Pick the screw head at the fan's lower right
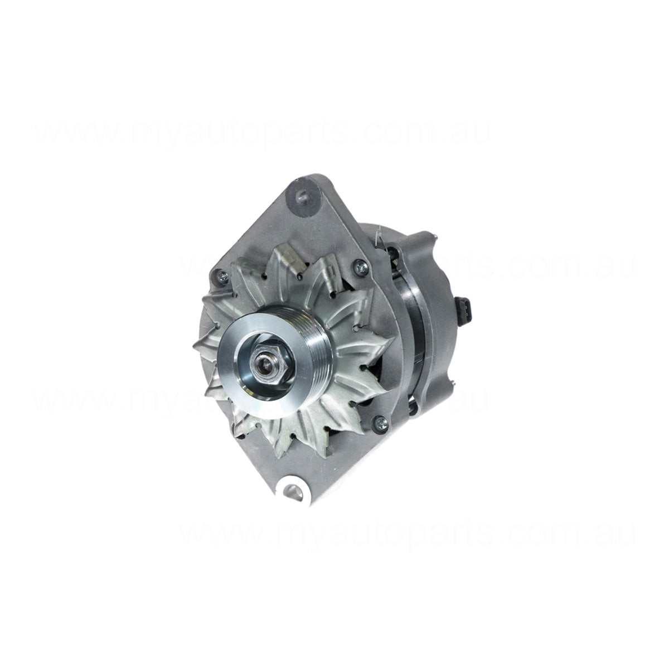point(381,420)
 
